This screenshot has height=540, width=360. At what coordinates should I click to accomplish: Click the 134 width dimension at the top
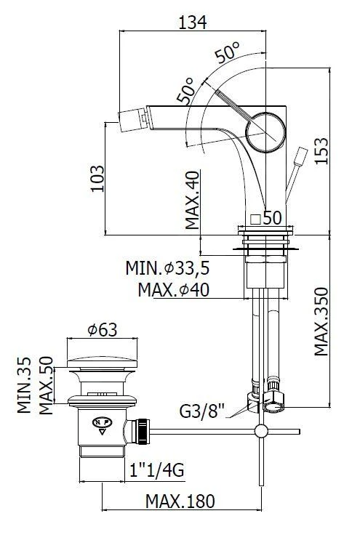193,23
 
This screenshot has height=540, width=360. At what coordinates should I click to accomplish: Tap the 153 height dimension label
321,151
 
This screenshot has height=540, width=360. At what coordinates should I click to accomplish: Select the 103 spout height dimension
97,178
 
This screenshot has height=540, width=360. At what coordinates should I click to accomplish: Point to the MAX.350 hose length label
321,322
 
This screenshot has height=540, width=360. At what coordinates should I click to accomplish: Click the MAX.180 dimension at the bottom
180,501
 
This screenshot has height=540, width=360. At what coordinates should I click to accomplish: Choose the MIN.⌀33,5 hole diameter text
167,268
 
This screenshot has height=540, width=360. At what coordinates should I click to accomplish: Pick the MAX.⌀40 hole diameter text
174,290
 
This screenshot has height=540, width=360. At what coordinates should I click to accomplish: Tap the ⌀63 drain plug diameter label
103,330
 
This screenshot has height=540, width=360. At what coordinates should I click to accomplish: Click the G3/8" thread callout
202,411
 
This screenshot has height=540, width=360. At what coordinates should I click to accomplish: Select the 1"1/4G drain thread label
157,470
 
